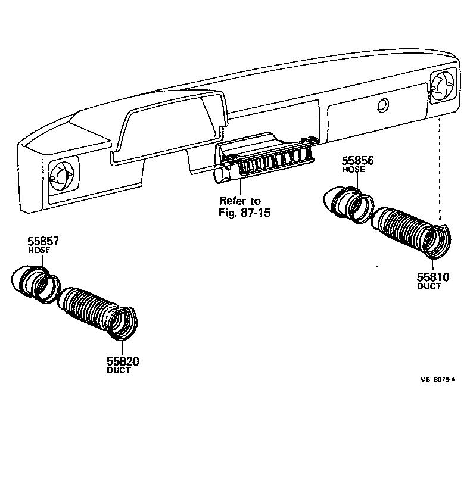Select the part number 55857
(43, 241)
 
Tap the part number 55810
(433, 277)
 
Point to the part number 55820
(123, 361)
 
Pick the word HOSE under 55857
(39, 250)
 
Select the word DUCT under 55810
(429, 286)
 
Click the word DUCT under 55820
(119, 370)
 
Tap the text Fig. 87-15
(245, 212)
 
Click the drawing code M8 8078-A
(437, 379)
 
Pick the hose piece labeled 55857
(35, 282)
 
